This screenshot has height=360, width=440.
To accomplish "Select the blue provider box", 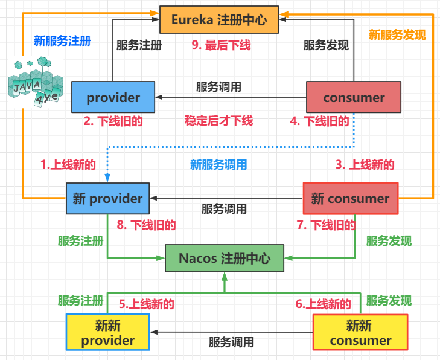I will coord(113,97).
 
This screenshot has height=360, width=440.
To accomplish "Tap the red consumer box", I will coord(354,97).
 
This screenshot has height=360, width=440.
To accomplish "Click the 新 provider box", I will coord(108,199).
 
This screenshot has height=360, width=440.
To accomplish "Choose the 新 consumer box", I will coord(350,198).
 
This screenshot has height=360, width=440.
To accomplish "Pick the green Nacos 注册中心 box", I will coord(225,258).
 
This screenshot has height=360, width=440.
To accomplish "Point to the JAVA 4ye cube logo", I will coord(35,83).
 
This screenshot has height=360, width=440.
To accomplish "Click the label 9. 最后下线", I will coord(221,45).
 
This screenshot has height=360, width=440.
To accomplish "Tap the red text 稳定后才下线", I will coord(218,120).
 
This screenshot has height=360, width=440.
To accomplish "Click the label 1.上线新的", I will coord(68,164).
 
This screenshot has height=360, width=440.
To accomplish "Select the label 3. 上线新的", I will coord(365,164).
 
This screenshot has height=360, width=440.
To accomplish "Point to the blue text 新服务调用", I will coord(218,164).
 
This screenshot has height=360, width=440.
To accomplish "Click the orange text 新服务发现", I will coord(397,35).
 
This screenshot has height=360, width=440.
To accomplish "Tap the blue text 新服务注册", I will coord(62,41).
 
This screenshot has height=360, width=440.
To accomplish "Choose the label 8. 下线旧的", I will coord(146,225).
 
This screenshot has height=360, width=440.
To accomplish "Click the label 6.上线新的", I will coord(323,304).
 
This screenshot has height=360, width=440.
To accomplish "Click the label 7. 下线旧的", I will coord(325,225).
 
